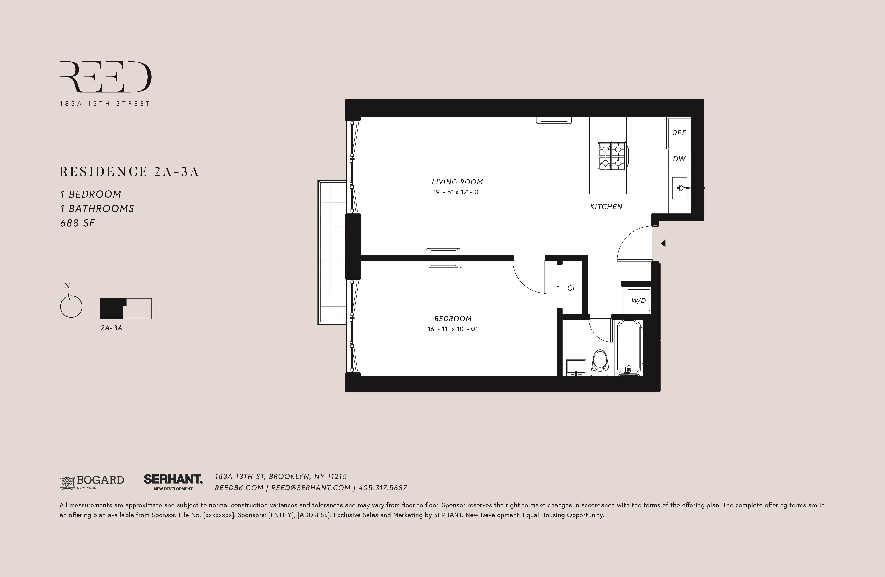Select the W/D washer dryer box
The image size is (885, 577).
[638, 300]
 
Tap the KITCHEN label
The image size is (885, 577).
[606, 207]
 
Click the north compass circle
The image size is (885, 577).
[71, 307]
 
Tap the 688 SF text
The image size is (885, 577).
[78, 223]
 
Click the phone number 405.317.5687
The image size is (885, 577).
[383, 488]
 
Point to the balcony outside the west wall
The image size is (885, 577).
[331, 252]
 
